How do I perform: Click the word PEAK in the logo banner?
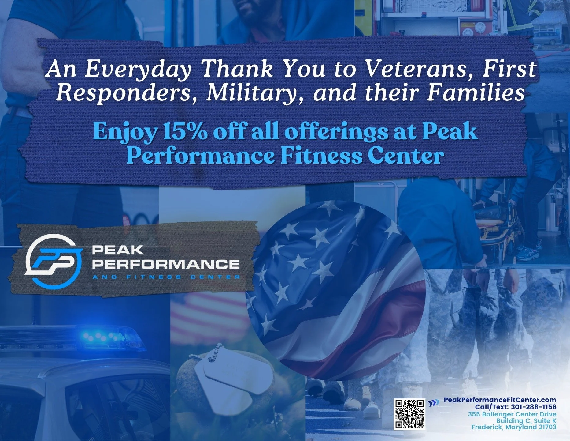click(x=118, y=250)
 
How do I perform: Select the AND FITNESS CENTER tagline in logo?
click(x=166, y=277)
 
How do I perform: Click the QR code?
click(x=409, y=414)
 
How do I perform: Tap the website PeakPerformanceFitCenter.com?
click(x=500, y=400)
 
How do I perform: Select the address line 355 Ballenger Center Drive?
click(x=512, y=414)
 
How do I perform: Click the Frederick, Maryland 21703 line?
click(x=514, y=427)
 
